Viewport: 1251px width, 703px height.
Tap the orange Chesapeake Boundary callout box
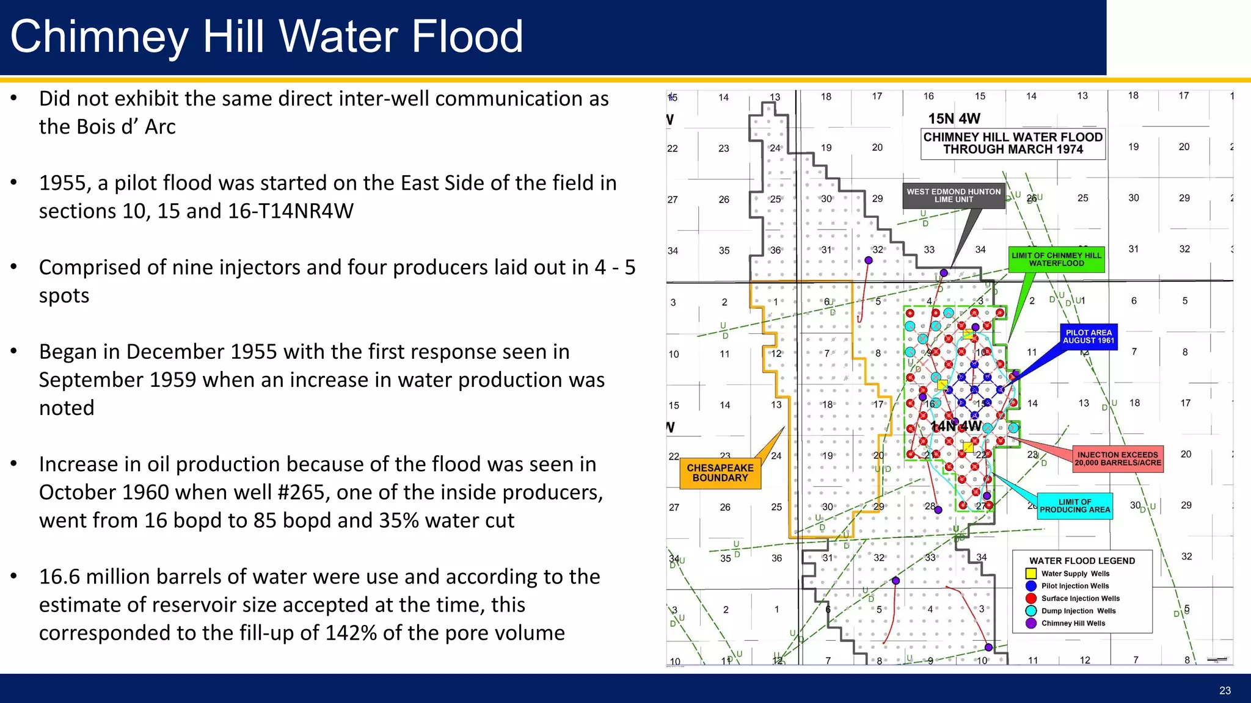pyautogui.click(x=720, y=474)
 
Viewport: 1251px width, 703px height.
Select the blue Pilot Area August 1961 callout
pyautogui.click(x=1089, y=337)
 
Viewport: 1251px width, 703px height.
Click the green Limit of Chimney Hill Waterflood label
pyautogui.click(x=1057, y=259)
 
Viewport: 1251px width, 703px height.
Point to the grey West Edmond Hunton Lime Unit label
pyautogui.click(x=954, y=195)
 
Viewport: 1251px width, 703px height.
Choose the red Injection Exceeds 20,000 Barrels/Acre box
pyautogui.click(x=1117, y=459)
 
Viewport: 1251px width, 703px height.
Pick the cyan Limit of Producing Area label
pyautogui.click(x=1075, y=506)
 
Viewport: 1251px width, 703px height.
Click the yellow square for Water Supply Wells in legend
pyautogui.click(x=1031, y=574)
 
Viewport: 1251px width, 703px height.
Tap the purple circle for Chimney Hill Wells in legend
pyautogui.click(x=1031, y=623)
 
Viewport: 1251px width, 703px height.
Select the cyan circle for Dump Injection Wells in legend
pyautogui.click(x=1031, y=611)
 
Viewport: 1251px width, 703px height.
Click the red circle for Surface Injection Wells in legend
pyautogui.click(x=1031, y=599)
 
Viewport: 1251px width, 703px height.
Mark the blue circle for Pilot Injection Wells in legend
pyautogui.click(x=1031, y=586)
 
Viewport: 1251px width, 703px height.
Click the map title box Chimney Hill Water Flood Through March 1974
pyautogui.click(x=1013, y=143)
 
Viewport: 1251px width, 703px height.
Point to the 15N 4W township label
pyautogui.click(x=954, y=118)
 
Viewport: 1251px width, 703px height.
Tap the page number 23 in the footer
pyautogui.click(x=1225, y=691)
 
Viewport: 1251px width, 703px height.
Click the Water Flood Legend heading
pyautogui.click(x=1082, y=561)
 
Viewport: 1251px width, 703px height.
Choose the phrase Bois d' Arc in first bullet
pyautogui.click(x=107, y=127)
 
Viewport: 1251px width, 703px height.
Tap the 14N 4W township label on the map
pyautogui.click(x=956, y=426)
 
